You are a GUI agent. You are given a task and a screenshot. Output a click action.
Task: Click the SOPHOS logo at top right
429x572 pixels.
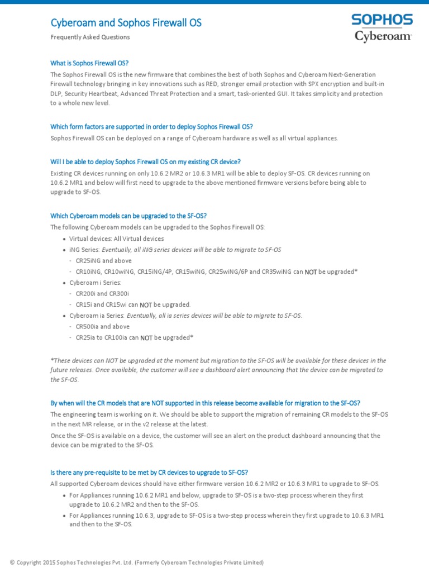(382, 20)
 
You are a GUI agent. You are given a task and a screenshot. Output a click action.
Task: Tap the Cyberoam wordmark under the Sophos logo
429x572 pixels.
(383, 37)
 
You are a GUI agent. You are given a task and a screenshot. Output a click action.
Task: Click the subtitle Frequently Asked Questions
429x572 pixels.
(90, 37)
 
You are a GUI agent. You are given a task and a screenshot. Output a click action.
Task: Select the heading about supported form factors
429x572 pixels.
(151, 126)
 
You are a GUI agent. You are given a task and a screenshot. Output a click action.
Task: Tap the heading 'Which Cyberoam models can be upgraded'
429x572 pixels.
(128, 216)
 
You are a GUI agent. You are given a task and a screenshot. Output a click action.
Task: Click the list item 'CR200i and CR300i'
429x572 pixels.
(102, 294)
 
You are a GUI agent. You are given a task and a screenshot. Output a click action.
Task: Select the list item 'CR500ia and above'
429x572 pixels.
(102, 327)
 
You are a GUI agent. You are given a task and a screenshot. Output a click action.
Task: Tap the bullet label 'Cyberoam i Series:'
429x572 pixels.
(95, 283)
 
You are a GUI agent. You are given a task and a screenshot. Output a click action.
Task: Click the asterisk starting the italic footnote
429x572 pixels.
(52, 360)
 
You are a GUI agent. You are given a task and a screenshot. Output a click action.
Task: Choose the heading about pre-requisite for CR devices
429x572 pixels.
(149, 472)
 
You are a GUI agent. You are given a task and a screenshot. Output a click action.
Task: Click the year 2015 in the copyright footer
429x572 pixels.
(50, 563)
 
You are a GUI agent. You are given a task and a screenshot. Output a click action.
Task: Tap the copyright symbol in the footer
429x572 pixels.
(12, 563)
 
